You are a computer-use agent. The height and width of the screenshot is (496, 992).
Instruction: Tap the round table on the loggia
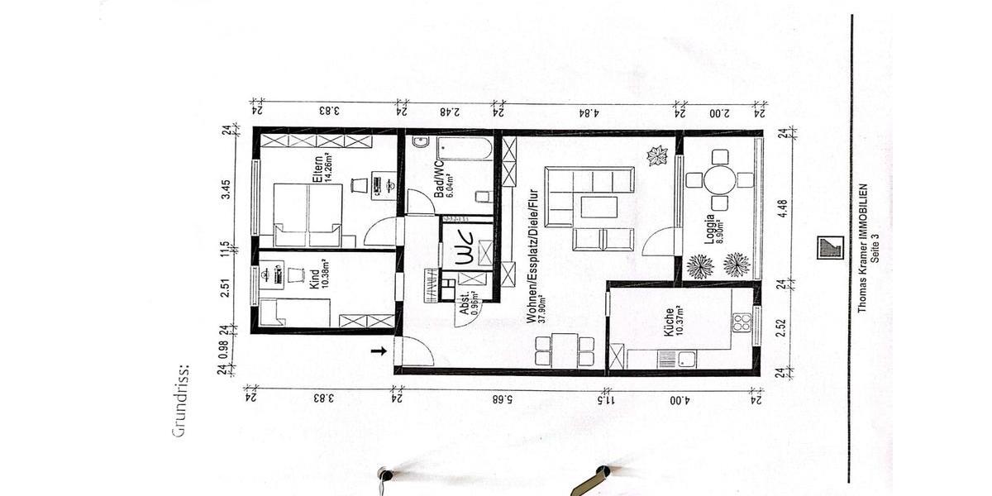tap(720, 179)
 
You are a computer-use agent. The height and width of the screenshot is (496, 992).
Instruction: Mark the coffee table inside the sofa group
tap(599, 207)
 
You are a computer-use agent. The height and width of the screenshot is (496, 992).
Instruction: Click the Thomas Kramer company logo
tap(829, 247)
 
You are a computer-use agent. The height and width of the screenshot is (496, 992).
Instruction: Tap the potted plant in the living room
tap(658, 155)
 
